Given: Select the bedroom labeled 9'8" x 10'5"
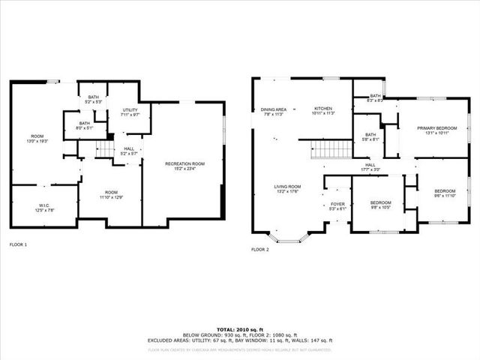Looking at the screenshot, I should coord(380,205).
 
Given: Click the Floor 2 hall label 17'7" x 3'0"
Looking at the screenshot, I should coord(370,167).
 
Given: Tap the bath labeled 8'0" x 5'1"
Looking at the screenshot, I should coord(85,125).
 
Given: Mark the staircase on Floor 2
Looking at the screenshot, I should coord(331,149).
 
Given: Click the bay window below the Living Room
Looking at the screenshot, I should coord(288,236).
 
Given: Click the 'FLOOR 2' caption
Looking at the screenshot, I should coord(260,248).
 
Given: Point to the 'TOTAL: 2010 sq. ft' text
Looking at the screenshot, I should coord(240,328).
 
